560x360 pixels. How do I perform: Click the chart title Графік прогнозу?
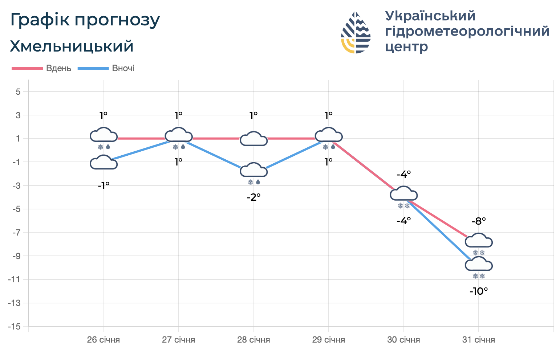pyautogui.click(x=85, y=20)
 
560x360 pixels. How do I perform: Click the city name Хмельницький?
pyautogui.click(x=72, y=46)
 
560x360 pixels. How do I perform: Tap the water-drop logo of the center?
pyautogui.click(x=356, y=33)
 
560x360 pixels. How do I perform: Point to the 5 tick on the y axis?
pyautogui.click(x=18, y=91)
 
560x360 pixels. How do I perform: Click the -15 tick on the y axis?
pyautogui.click(x=16, y=327)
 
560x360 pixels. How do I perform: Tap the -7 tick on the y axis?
pyautogui.click(x=17, y=233)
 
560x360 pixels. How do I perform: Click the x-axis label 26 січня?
pyautogui.click(x=104, y=340)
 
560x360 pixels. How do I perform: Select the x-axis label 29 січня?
pyautogui.click(x=329, y=340)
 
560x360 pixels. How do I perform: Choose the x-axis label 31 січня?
pyautogui.click(x=479, y=340)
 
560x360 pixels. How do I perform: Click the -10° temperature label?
pyautogui.click(x=479, y=291)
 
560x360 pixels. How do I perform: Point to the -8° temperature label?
pyautogui.click(x=479, y=221)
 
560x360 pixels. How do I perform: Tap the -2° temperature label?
pyautogui.click(x=253, y=197)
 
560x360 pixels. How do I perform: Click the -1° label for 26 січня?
pyautogui.click(x=104, y=185)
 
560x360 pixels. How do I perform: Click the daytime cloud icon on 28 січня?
pyautogui.click(x=253, y=139)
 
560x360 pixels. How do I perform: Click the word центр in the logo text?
pyautogui.click(x=406, y=46)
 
